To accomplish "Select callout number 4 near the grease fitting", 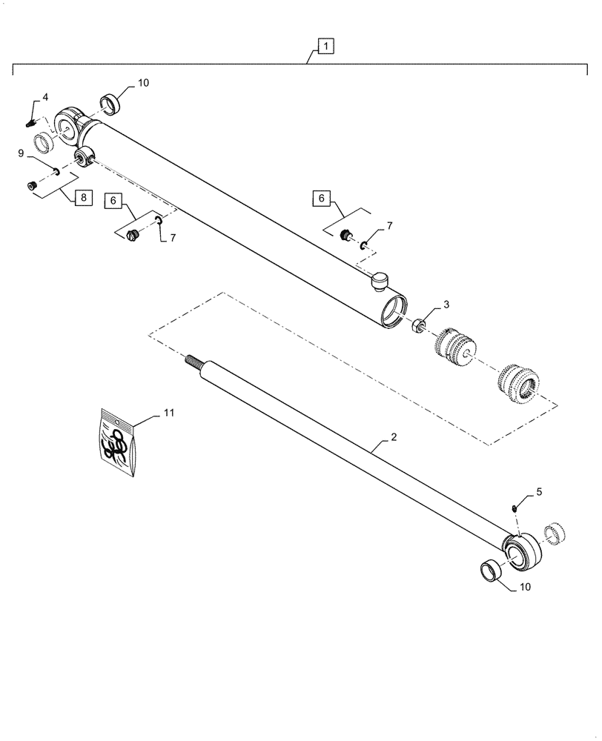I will click(x=45, y=97).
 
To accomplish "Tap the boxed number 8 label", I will click(x=84, y=198).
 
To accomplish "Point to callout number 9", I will click(x=22, y=153).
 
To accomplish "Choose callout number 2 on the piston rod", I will click(x=394, y=439).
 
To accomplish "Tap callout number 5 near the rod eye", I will click(x=539, y=491).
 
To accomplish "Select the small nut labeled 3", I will click(x=418, y=324).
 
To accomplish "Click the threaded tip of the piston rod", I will click(x=193, y=361).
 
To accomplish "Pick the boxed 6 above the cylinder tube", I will click(x=320, y=199).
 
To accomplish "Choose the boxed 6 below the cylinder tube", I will click(x=113, y=201).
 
